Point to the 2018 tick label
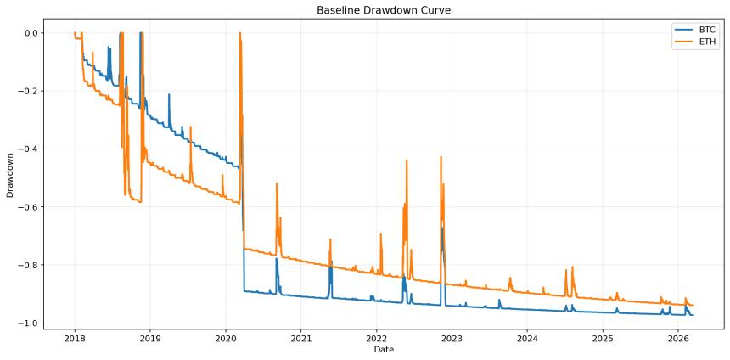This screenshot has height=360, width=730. click(75, 337)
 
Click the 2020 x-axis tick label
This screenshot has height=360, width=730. click(226, 337)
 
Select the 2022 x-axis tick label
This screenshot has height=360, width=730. click(376, 337)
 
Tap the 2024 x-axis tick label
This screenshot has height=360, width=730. click(527, 337)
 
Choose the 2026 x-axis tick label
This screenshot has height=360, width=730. click(678, 337)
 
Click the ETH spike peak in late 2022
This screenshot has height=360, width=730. click(441, 157)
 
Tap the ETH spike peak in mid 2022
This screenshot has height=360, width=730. click(407, 160)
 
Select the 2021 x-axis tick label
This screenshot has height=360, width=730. click(301, 337)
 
